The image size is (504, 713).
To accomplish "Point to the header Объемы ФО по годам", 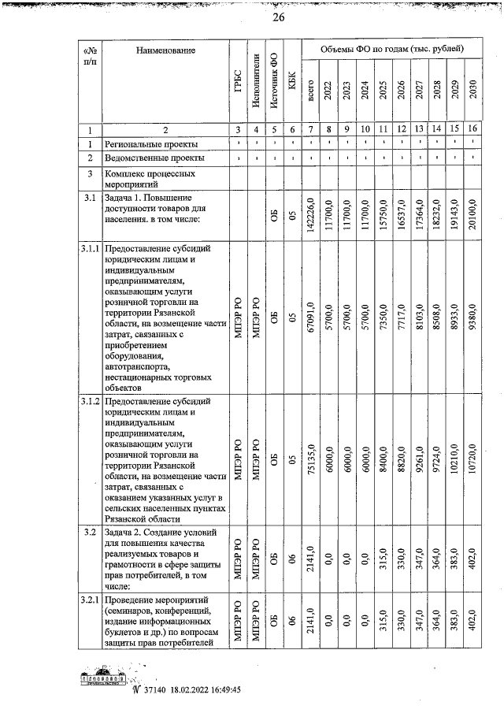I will (391, 50).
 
